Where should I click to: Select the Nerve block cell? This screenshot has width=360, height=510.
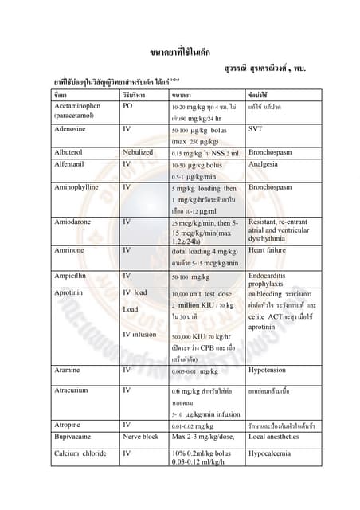[x=141, y=437]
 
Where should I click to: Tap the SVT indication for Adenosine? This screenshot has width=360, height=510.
[x=256, y=127]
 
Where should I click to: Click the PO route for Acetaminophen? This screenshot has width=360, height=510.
[x=127, y=105]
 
